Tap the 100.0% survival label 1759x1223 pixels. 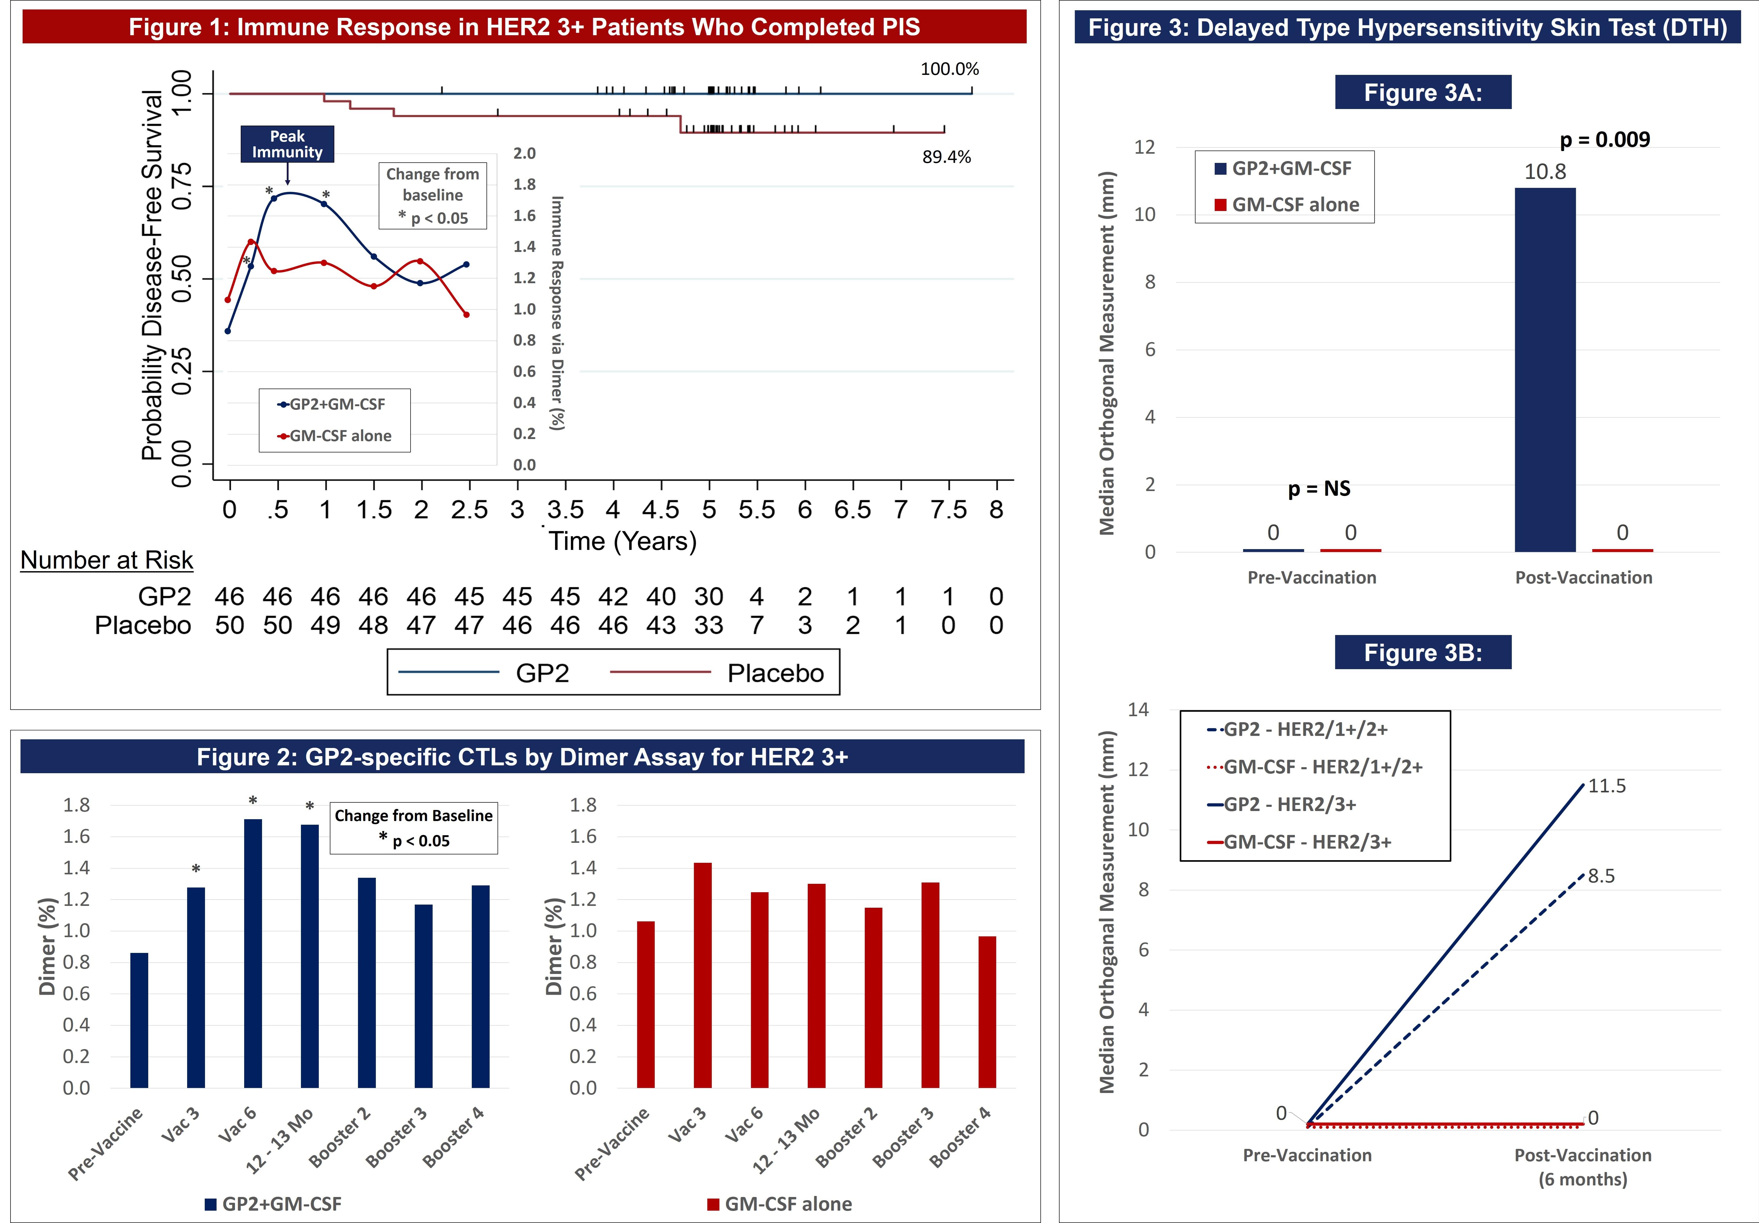[x=949, y=69]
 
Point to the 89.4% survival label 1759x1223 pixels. [x=946, y=157]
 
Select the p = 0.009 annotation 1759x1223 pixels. [x=1604, y=140]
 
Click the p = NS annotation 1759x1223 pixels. [x=1319, y=489]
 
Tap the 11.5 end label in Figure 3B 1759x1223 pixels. [x=1607, y=786]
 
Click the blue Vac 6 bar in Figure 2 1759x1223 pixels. [x=253, y=953]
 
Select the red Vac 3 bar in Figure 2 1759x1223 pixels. [x=702, y=975]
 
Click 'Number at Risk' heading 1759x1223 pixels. [x=106, y=560]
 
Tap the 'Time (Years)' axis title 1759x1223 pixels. [x=622, y=541]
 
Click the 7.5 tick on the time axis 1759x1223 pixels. [x=948, y=509]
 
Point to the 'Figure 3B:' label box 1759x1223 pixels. [x=1423, y=652]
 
